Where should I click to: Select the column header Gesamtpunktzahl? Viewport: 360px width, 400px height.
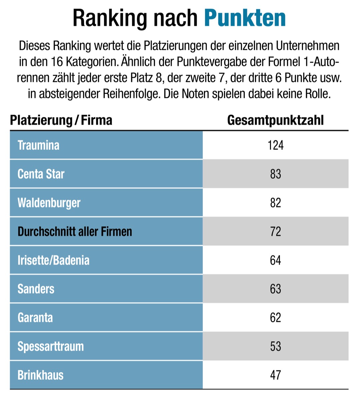(275, 120)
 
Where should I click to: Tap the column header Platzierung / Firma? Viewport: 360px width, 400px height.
(61, 120)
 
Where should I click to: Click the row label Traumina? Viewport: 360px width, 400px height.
(38, 145)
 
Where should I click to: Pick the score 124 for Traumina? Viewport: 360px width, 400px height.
(275, 145)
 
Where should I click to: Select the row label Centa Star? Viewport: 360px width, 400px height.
(41, 174)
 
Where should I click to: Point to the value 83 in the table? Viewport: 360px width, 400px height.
(275, 174)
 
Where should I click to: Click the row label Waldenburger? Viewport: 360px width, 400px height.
(49, 203)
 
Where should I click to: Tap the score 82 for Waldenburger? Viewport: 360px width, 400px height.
(275, 203)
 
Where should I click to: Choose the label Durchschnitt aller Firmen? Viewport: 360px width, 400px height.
(75, 231)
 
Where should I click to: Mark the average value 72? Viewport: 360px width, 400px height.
(275, 231)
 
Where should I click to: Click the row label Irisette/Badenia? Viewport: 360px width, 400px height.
(53, 260)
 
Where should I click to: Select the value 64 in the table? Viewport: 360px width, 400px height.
(275, 260)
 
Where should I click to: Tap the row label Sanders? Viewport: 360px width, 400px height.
(36, 289)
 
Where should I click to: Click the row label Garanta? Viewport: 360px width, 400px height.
(35, 318)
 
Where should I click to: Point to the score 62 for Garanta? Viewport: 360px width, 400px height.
(275, 318)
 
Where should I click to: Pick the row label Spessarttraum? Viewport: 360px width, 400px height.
(51, 346)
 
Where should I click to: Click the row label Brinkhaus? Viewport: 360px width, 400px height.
(40, 375)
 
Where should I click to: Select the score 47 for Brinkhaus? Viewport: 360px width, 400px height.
(275, 375)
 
